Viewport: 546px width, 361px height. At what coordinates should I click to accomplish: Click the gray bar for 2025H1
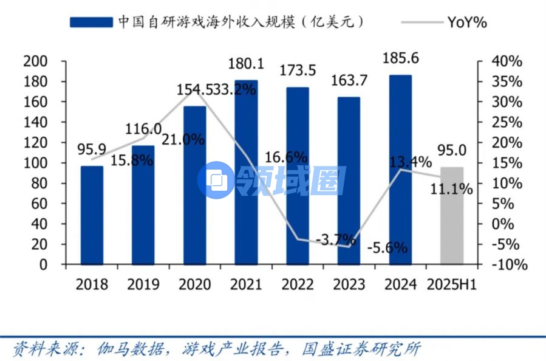[452, 216]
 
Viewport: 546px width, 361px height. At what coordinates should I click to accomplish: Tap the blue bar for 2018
[92, 215]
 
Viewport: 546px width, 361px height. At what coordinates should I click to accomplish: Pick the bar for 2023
[349, 180]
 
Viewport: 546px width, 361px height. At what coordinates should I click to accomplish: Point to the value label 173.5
[298, 70]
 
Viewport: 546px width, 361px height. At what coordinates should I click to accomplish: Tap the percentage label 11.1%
[451, 189]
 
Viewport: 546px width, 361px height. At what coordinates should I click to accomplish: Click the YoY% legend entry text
[467, 22]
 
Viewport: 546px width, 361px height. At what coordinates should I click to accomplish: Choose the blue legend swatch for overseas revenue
[91, 22]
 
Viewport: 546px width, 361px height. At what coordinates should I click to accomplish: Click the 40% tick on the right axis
[508, 61]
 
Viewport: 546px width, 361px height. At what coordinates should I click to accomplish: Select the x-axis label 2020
[195, 284]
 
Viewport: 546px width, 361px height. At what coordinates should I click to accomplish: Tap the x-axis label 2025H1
[452, 284]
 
